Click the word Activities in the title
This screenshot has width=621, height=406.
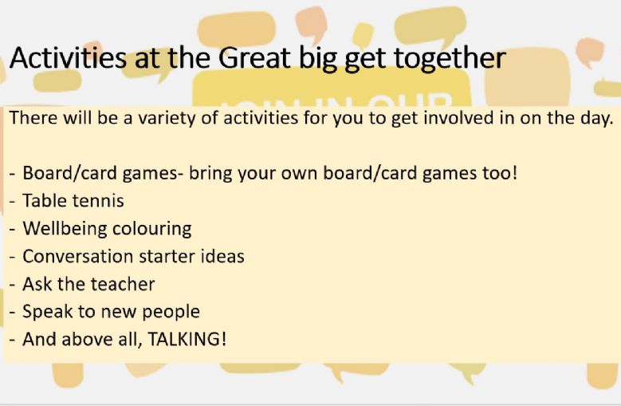68,57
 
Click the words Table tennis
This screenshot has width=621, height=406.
73,200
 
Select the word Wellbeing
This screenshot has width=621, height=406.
65,229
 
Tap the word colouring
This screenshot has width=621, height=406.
152,229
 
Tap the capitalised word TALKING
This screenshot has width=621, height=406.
187,339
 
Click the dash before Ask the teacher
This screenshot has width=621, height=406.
13,286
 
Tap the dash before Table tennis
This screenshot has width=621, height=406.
13,202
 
